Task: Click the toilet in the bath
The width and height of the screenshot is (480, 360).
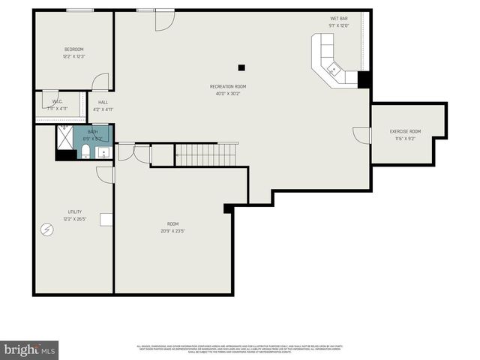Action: [85, 153]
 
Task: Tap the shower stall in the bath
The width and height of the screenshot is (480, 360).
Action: [66, 136]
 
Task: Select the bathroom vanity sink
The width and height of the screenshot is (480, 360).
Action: [103, 153]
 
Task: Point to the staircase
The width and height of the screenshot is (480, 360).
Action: [206, 154]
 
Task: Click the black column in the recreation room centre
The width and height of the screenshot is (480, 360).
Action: [241, 67]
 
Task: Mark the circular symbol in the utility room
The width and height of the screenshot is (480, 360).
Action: [48, 229]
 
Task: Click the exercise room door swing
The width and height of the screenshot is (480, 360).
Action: [361, 135]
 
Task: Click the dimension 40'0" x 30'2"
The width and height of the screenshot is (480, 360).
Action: [227, 94]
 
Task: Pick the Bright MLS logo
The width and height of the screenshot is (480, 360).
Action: [30, 349]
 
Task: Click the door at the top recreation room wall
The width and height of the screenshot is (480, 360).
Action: [164, 19]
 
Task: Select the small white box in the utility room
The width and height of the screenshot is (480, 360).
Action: [106, 219]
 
